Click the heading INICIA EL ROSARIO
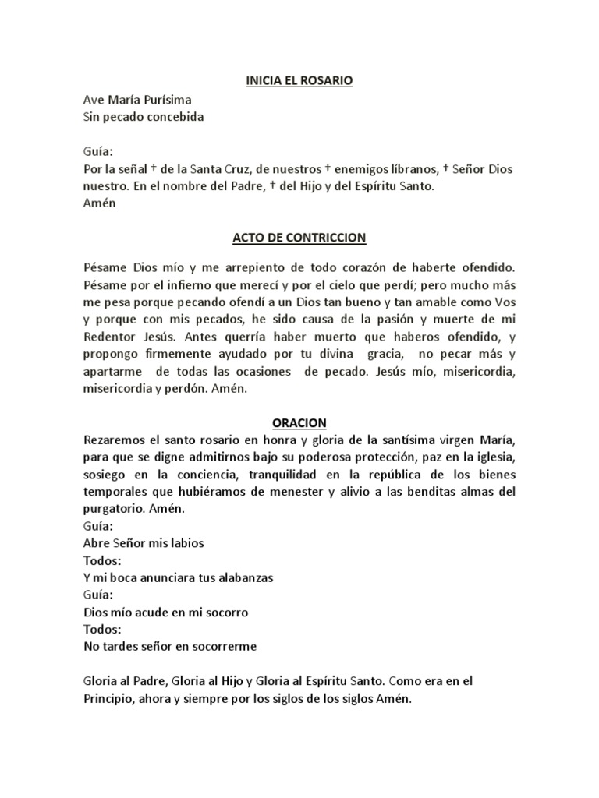[299, 79]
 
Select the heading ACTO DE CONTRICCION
[299, 235]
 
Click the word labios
[188, 543]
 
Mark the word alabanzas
[239, 578]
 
